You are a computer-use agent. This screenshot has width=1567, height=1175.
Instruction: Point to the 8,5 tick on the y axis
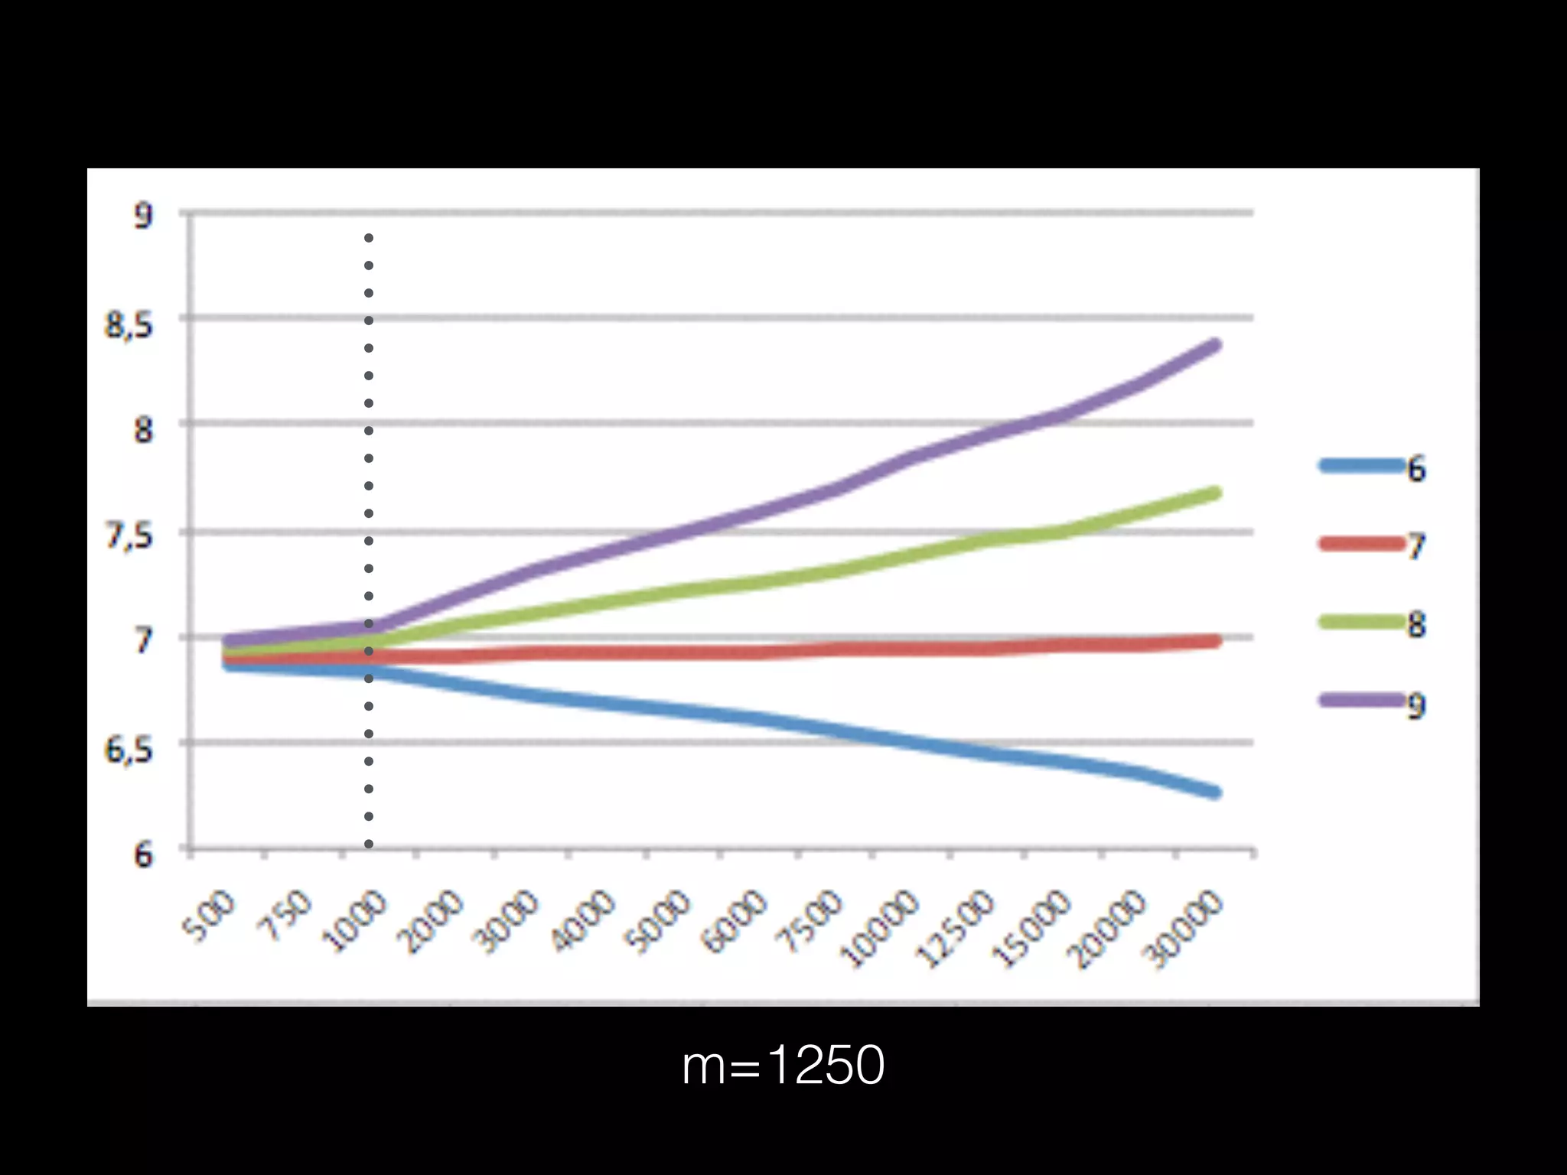(129, 325)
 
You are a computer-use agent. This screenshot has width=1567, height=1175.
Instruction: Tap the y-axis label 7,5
(129, 535)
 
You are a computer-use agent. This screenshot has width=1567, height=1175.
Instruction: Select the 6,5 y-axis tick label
(129, 750)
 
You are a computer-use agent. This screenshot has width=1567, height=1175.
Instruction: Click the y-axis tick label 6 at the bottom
(143, 854)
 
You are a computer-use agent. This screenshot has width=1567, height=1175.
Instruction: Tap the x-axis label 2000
(434, 922)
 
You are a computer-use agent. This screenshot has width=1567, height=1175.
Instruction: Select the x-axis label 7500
(812, 922)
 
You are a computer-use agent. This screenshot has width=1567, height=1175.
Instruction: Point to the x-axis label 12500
(956, 928)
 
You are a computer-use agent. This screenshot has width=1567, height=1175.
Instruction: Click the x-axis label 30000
(1184, 929)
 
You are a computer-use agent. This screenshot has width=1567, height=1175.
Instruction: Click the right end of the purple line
(1215, 345)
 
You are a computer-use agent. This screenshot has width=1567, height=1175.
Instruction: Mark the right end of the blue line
(1215, 793)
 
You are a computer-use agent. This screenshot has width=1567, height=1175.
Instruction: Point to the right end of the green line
(1215, 493)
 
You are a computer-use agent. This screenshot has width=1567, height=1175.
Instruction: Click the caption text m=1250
(783, 1066)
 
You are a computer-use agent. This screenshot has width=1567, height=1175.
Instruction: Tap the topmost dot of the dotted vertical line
(369, 239)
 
